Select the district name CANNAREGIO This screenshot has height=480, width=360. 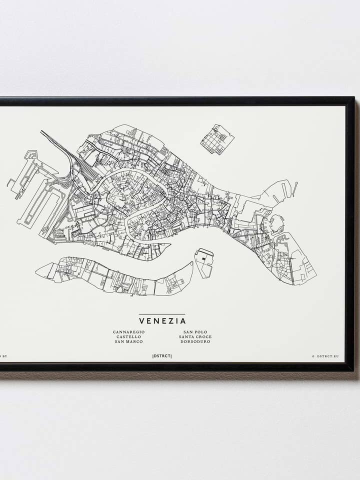click(x=128, y=332)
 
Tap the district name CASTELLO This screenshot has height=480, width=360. click(x=128, y=337)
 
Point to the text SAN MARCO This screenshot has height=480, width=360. click(x=128, y=342)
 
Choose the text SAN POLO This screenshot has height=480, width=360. click(x=195, y=332)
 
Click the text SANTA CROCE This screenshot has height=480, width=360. click(x=195, y=337)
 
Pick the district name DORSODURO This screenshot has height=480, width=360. click(x=195, y=342)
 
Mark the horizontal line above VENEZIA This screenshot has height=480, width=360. click(x=162, y=314)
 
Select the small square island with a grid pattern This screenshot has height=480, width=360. click(x=217, y=139)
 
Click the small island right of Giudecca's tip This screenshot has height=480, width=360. click(x=203, y=262)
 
